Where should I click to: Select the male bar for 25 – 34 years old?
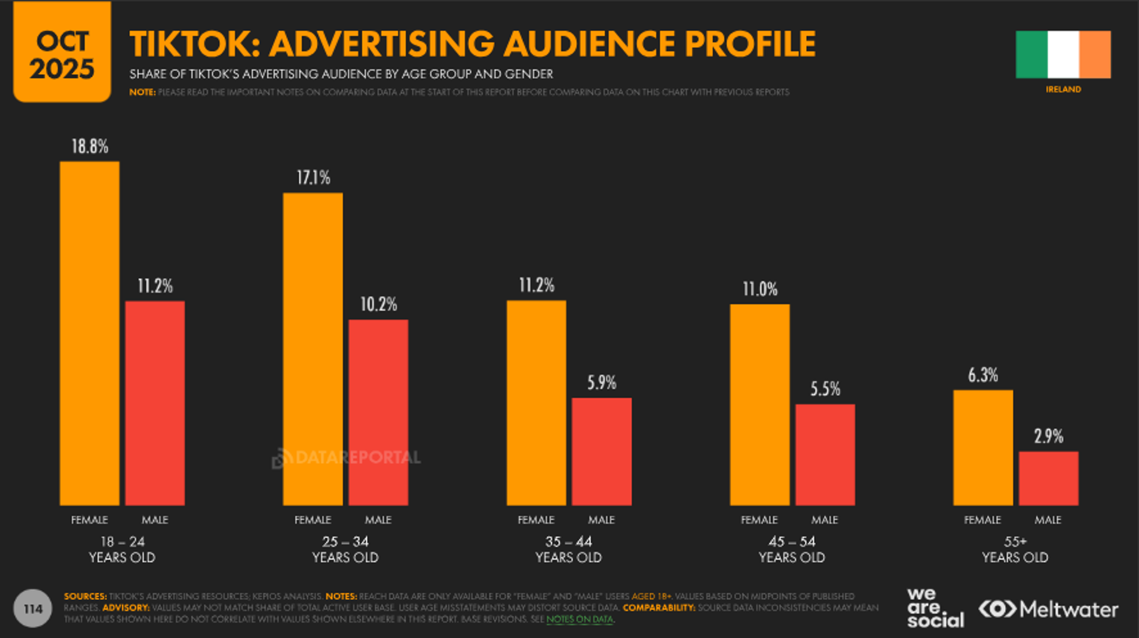[x=378, y=412]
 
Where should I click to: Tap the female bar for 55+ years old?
[x=982, y=447]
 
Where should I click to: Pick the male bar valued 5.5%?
[x=825, y=455]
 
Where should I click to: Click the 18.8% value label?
[x=90, y=147]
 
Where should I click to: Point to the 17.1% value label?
[x=313, y=178]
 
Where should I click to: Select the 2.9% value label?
[x=1048, y=437]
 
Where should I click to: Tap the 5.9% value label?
[x=601, y=383]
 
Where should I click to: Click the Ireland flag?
[x=1063, y=55]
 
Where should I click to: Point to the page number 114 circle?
[x=33, y=609]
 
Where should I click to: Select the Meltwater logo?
[x=1048, y=609]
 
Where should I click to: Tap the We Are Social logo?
[x=935, y=608]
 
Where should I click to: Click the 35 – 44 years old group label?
[x=568, y=550]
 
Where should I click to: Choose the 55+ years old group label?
[x=1015, y=550]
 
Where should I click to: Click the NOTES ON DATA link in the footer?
[x=580, y=619]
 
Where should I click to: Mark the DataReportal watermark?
[x=347, y=458]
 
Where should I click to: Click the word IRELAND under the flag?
[x=1063, y=90]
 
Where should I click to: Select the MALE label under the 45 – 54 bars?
[x=825, y=520]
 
